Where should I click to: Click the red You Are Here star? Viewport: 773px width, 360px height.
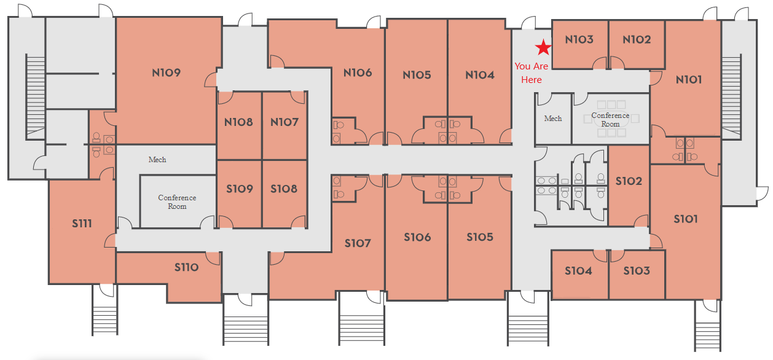tap(544, 47)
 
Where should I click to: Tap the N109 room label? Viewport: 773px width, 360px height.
tap(167, 73)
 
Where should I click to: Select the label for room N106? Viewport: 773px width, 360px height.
tap(358, 73)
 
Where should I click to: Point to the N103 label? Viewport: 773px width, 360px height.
tap(579, 40)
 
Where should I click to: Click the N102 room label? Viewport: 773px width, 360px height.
tap(637, 40)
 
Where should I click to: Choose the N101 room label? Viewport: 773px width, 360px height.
tap(689, 80)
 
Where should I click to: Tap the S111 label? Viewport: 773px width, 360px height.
tap(82, 224)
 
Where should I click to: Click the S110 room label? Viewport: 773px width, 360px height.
tap(186, 267)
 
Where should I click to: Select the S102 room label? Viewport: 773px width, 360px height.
tap(629, 181)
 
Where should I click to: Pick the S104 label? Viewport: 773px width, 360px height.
tap(578, 270)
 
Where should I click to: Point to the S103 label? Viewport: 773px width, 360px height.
tap(637, 270)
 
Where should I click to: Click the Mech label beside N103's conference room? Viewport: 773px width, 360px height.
tap(553, 119)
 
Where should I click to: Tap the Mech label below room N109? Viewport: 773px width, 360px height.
tap(157, 160)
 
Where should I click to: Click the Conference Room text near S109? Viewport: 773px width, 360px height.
tap(177, 202)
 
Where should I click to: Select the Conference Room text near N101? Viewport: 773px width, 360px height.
tap(610, 119)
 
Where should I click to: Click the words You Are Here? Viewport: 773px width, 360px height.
tap(532, 73)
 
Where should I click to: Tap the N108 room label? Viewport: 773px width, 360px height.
tap(238, 122)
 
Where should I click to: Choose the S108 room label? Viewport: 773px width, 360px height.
tap(284, 189)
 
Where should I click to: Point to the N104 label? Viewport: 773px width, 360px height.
tap(480, 75)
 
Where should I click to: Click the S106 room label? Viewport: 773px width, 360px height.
tap(418, 237)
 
